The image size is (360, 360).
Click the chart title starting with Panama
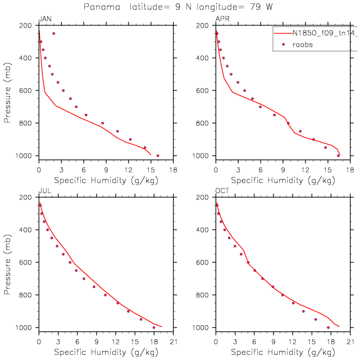[x=180, y=7]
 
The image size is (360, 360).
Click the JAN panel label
[x=44, y=20]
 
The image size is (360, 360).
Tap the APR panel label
[x=222, y=20]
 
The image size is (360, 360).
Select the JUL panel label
[x=44, y=192]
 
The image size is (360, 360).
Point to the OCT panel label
[x=223, y=192]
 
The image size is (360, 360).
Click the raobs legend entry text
[x=303, y=45]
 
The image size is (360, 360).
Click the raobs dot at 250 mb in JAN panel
[x=54, y=34]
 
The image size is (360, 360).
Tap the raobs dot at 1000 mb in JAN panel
[x=158, y=156]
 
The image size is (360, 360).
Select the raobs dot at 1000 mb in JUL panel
[x=154, y=327]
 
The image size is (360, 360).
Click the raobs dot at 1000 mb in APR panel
[x=338, y=156]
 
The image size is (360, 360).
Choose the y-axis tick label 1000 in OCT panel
[x=203, y=327]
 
